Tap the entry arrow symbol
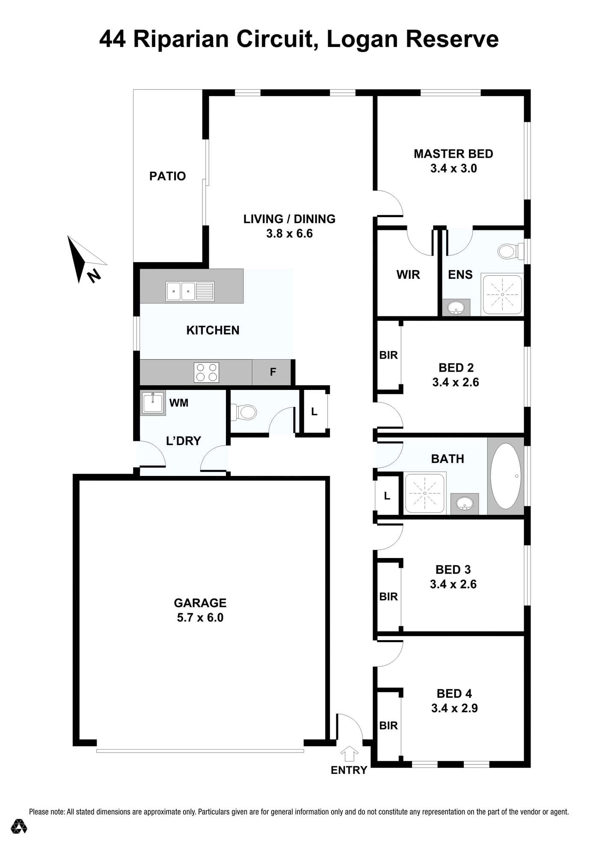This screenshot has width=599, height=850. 349,753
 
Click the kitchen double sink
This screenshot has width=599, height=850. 190,292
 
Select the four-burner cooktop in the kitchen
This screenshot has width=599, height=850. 207,372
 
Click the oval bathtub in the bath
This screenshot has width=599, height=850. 506,476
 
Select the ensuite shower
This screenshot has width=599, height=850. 502,295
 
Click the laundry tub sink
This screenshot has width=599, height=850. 153,403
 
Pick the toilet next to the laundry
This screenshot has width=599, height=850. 243,412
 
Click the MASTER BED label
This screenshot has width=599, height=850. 453,154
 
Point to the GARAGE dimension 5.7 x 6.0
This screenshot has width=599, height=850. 200,617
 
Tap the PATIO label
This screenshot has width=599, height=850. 167,176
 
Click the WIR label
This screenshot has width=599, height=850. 408,274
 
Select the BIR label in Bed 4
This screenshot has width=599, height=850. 388,726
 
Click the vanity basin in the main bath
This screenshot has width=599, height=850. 464,504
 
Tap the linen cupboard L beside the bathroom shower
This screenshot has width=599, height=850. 387,496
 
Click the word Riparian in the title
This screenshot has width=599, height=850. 181,39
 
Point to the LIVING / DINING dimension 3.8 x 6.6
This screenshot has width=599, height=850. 289,233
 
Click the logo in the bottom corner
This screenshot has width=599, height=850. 19,826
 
